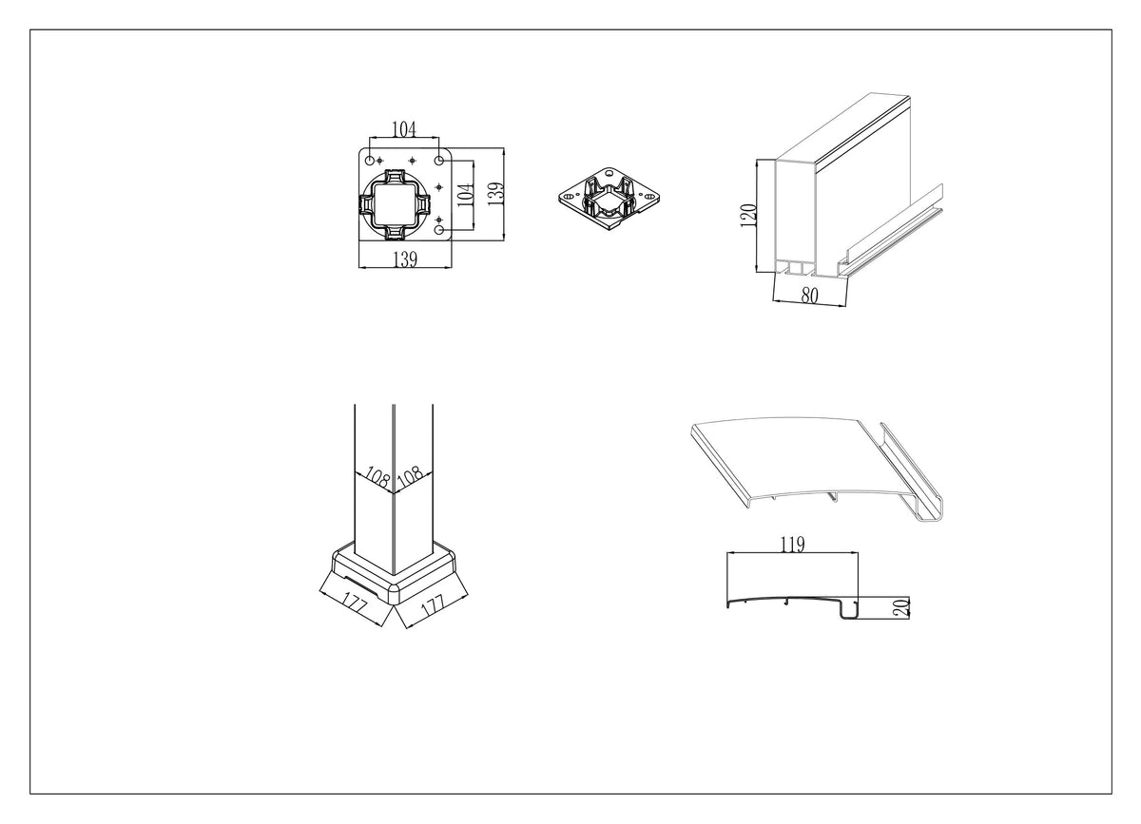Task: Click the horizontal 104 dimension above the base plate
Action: click(404, 129)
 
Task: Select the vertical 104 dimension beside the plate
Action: click(466, 195)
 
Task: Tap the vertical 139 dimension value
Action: click(495, 194)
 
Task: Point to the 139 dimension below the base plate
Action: click(405, 259)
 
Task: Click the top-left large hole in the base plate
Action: click(370, 161)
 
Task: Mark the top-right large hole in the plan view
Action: click(438, 161)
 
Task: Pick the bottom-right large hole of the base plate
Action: click(439, 230)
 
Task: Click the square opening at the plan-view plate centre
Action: click(396, 204)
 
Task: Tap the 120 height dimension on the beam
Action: click(748, 216)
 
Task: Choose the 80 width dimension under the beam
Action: click(809, 295)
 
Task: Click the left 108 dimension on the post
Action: click(377, 477)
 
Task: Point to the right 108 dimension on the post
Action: click(410, 475)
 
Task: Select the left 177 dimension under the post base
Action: click(354, 604)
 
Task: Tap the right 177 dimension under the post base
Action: click(433, 604)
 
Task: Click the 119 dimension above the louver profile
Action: click(793, 545)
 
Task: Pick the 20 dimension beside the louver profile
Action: click(901, 608)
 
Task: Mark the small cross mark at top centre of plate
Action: click(412, 161)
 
